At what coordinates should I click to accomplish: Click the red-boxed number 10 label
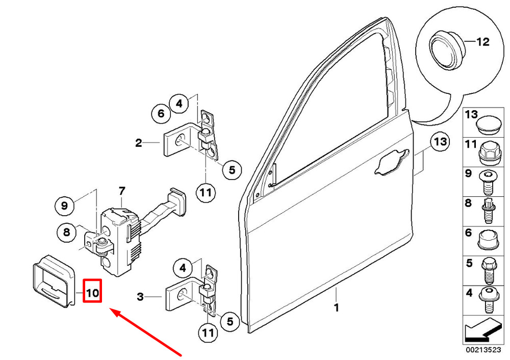coord(92,291)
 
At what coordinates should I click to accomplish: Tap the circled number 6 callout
coord(161,114)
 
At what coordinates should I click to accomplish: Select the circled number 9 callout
coord(64,205)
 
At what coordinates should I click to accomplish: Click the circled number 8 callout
coord(66,232)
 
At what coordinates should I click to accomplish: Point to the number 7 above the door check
coord(122,191)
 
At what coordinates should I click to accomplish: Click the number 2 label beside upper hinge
coord(139,143)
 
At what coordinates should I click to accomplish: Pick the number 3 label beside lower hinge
coord(140,297)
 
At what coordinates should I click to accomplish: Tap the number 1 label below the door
coord(337,307)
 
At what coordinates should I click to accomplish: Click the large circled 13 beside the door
coord(440,142)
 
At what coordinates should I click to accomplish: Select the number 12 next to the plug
coord(482,42)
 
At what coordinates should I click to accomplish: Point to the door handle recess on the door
coord(391,163)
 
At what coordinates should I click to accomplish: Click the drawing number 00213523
coord(483,350)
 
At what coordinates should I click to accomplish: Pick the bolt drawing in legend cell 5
coord(488,271)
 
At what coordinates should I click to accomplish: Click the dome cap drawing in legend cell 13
coord(488,124)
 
